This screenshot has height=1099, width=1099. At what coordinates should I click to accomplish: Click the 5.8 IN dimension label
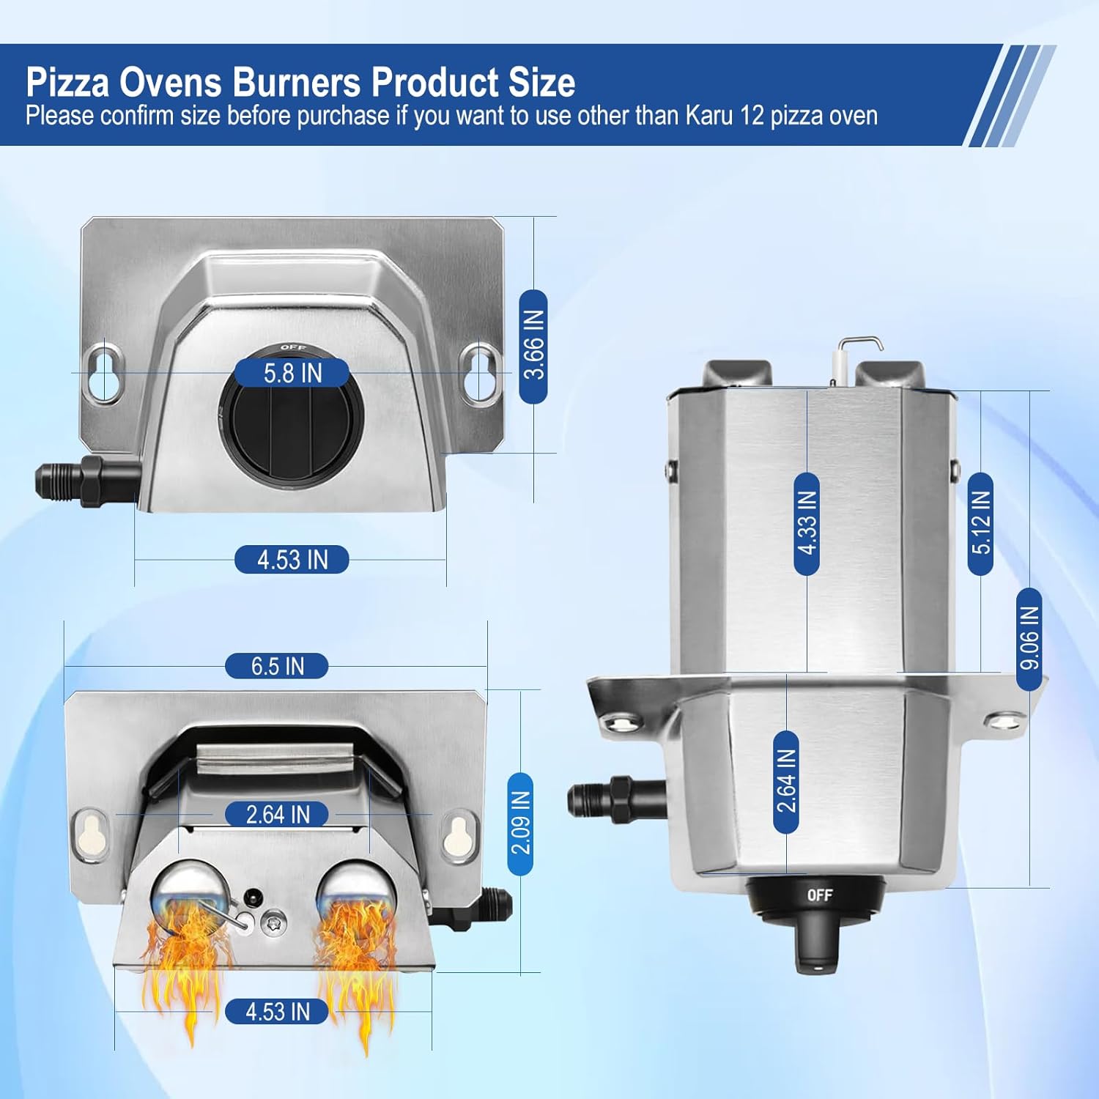[292, 373]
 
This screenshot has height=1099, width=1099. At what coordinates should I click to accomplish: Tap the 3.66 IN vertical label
[533, 345]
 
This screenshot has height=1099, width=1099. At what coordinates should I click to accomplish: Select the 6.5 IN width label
[276, 666]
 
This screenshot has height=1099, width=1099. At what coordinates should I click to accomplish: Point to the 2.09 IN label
[520, 824]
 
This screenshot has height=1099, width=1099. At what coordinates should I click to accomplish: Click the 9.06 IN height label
[1029, 638]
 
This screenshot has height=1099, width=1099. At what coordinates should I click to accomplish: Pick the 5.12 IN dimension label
[980, 523]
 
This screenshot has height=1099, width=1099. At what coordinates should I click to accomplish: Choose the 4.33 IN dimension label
[806, 523]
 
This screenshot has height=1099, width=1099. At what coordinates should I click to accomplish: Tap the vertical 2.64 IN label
[786, 781]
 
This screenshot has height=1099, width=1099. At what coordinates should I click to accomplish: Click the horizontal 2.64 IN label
[276, 814]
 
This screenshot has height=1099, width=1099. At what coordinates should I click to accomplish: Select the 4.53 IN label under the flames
[276, 1012]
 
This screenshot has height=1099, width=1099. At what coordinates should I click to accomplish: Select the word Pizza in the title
[67, 82]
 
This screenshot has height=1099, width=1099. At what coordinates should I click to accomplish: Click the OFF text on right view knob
[819, 895]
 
